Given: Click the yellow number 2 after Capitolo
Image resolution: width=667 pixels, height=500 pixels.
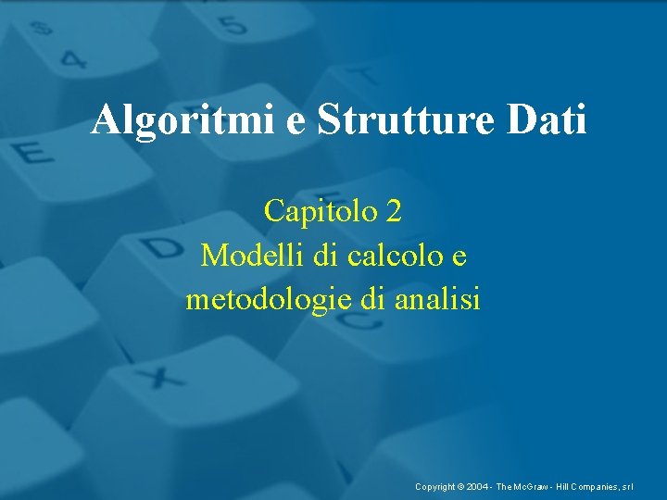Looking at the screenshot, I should coord(395,211).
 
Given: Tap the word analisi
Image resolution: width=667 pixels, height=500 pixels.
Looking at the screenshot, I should coord(436,299).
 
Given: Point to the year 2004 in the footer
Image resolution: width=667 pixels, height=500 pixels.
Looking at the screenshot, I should coord(479,486).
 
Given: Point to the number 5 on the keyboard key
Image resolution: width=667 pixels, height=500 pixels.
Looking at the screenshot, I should coord(233,25).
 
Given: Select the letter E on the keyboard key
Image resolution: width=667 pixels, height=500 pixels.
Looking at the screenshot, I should coord(34,151).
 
